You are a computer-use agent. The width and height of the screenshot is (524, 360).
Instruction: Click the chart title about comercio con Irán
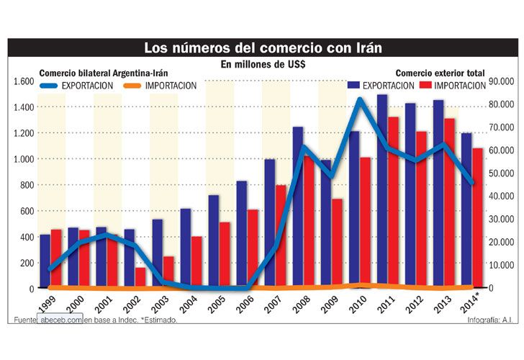(x=262, y=48)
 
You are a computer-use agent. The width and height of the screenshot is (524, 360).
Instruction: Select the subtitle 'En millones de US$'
(x=262, y=65)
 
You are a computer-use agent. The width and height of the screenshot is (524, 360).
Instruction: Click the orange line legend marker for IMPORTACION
(x=132, y=86)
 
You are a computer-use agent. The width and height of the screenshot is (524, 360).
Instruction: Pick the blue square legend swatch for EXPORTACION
(x=353, y=86)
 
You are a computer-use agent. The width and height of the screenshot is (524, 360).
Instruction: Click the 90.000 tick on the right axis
(x=500, y=81)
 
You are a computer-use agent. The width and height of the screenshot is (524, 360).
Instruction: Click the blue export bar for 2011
(x=382, y=191)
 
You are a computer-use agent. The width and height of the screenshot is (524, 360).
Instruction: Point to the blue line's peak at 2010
(x=361, y=99)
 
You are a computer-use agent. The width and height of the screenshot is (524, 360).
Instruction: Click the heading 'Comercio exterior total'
(x=440, y=73)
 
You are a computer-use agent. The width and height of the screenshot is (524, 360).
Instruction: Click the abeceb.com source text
(x=61, y=319)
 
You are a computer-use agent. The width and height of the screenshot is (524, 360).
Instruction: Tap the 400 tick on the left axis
(x=26, y=237)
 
